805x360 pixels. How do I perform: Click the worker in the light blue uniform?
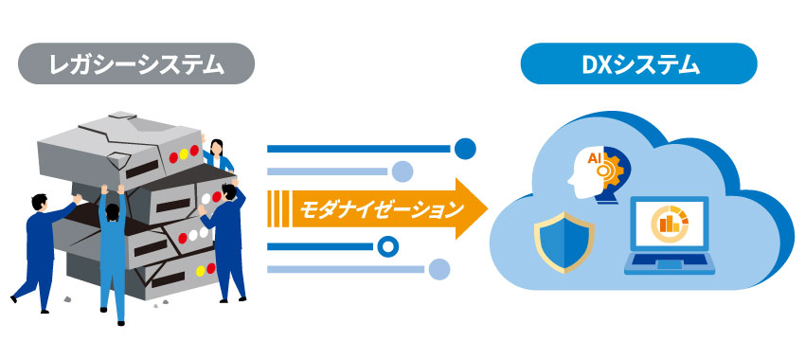113,256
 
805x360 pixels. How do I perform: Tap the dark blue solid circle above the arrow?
464,148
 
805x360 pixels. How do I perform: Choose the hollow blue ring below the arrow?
386,247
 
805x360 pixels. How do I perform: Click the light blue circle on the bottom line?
438,270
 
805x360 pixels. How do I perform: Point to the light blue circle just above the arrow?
402,171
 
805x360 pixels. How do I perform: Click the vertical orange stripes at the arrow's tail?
278,207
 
